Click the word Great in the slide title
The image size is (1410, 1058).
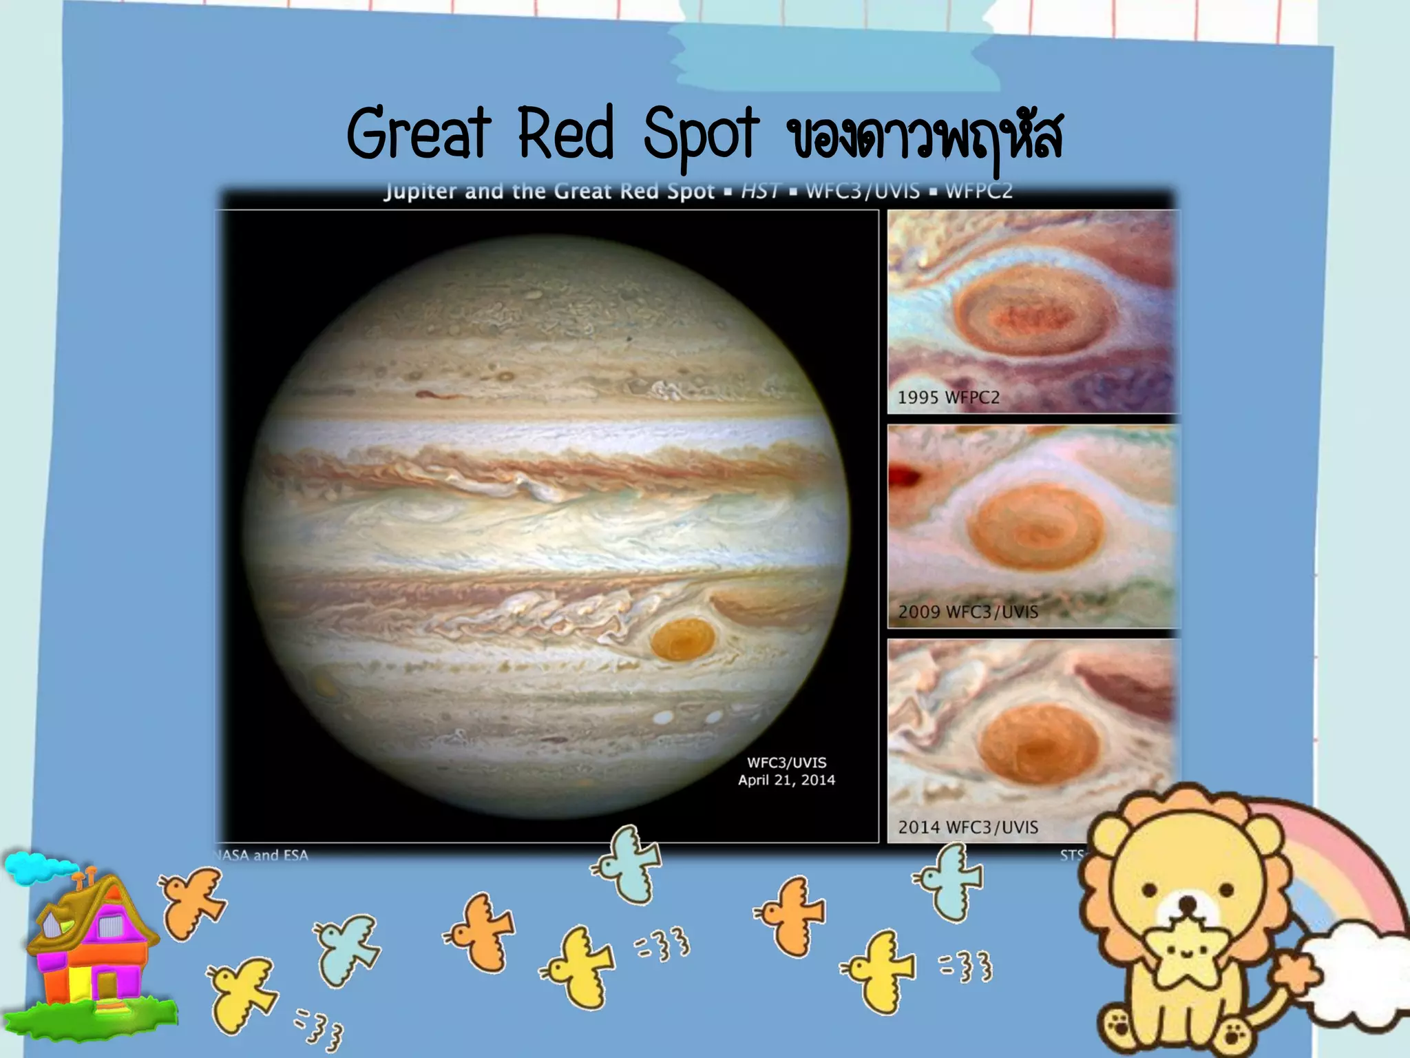point(419,133)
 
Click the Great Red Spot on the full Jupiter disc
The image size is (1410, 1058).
point(681,639)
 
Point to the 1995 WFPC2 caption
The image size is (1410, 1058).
point(948,397)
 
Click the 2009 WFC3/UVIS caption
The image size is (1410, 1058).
point(967,612)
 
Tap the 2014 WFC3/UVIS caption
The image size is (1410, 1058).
point(967,827)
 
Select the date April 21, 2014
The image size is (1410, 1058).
point(786,780)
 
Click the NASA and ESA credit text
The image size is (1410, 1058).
point(262,855)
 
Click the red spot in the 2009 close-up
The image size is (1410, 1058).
point(1035,526)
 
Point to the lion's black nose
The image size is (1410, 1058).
point(1188,903)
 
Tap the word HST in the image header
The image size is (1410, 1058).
point(760,191)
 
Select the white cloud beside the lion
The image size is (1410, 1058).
point(1356,964)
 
